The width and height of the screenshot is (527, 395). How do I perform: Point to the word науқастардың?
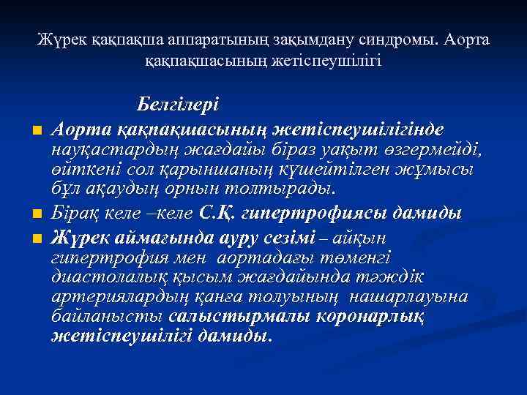point(108,150)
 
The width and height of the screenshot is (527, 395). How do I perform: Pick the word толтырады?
point(290,189)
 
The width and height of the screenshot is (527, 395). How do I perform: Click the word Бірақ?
point(76,214)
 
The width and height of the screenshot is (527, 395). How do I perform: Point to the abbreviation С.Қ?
point(217,214)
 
